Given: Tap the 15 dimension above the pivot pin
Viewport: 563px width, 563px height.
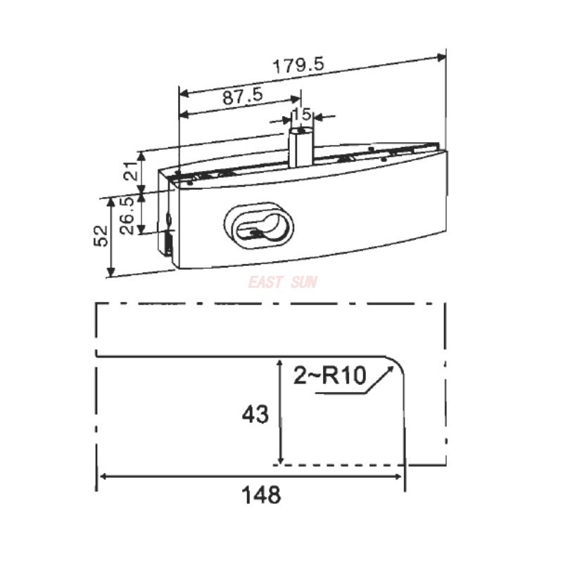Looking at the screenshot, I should click(x=302, y=113).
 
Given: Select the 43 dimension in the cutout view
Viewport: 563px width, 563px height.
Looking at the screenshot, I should click(x=255, y=415).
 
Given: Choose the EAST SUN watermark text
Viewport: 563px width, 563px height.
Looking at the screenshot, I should click(x=282, y=283).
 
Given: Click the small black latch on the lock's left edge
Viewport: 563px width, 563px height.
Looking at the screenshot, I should click(x=169, y=243).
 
